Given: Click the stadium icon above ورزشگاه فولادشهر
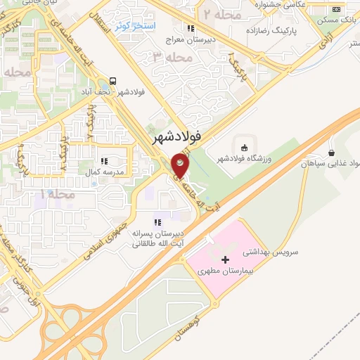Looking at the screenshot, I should point(244,147).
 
